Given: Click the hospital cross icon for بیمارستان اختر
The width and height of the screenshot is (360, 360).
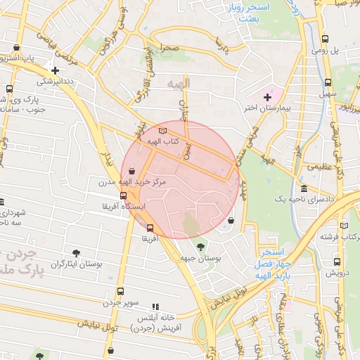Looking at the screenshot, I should [x=267, y=96].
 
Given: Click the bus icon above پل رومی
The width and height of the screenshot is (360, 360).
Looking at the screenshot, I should [x=325, y=39].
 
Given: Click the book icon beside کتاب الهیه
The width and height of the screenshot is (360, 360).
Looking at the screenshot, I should [x=163, y=131].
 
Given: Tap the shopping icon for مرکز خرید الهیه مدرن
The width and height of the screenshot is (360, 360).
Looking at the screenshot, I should [x=132, y=171].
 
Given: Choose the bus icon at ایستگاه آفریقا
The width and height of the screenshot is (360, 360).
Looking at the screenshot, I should [x=124, y=195].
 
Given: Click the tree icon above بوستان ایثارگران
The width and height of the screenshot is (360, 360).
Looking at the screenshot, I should [x=76, y=252].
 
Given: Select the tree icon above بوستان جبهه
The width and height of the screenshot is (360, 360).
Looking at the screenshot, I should [x=202, y=247].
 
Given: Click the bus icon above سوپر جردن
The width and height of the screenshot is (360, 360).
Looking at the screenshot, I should [x=120, y=291].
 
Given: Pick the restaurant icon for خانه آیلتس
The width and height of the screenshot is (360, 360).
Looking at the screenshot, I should [x=156, y=307].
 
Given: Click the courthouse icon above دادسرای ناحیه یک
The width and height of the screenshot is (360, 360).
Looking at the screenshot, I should [x=303, y=189].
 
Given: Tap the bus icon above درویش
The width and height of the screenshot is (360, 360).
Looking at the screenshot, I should [x=335, y=262].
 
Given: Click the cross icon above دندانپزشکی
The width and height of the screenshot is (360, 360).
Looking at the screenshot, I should [x=55, y=70].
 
